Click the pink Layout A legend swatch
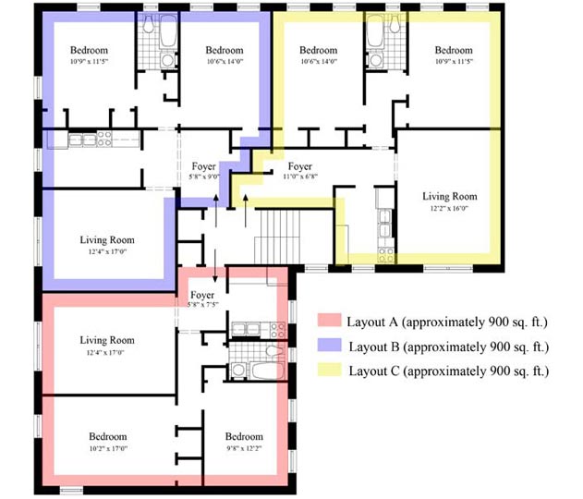pyautogui.click(x=330, y=321)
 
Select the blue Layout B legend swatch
pyautogui.click(x=330, y=345)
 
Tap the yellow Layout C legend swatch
pyautogui.click(x=330, y=370)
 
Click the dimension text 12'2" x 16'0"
pyautogui.click(x=449, y=209)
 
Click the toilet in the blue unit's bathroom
pyautogui.click(x=149, y=24)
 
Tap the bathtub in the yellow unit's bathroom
pyautogui.click(x=375, y=31)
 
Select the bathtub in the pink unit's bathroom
pyautogui.click(x=268, y=371)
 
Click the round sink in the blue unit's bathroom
pyautogui.click(x=167, y=60)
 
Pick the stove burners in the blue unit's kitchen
pyautogui.click(x=104, y=139)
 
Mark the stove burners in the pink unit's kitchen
pyautogui.click(x=277, y=330)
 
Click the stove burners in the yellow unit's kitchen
pyautogui.click(x=386, y=255)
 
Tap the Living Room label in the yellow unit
pyautogui.click(x=450, y=196)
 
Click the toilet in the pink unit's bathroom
pyautogui.click(x=274, y=351)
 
